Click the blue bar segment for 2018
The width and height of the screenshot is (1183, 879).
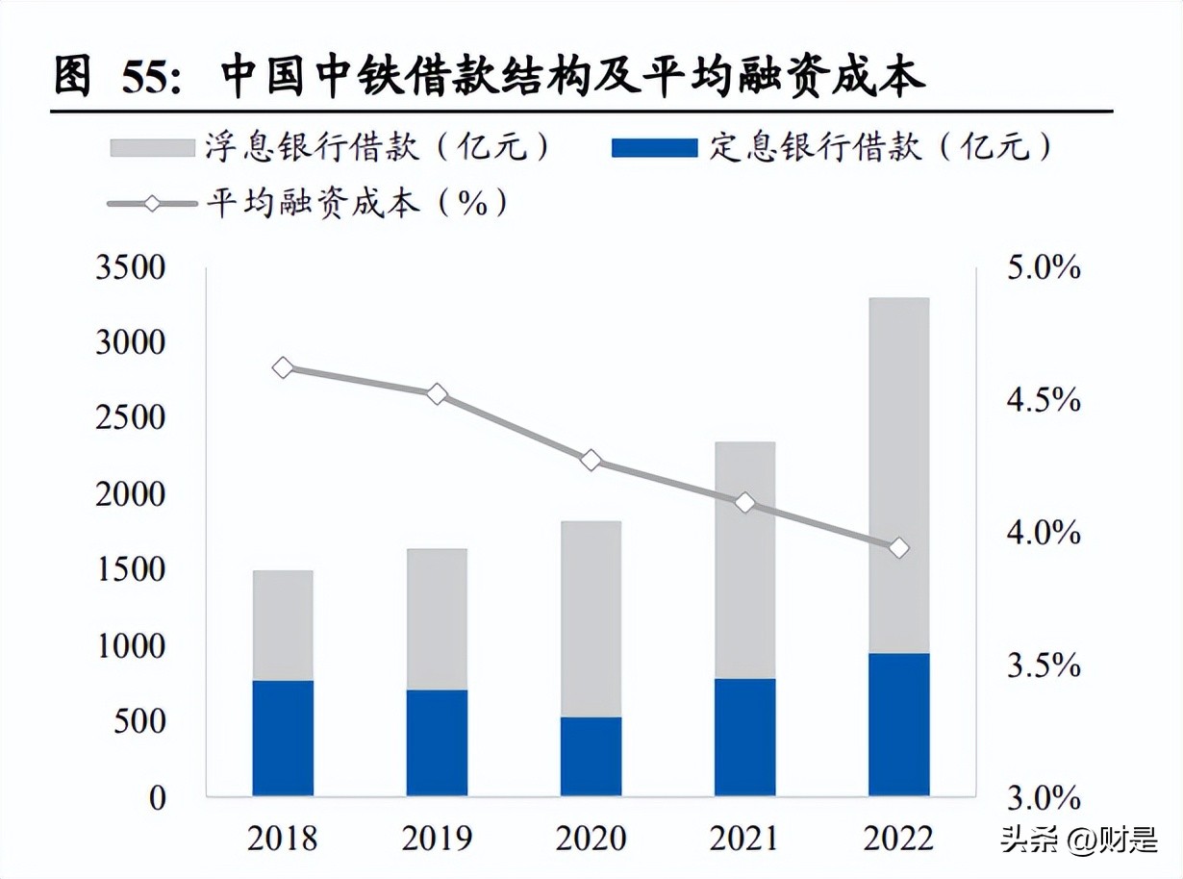click(x=283, y=738)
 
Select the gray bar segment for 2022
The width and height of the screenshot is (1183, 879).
click(x=898, y=475)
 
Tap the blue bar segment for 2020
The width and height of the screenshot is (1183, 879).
click(x=591, y=756)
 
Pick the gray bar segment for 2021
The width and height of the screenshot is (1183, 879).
click(x=744, y=560)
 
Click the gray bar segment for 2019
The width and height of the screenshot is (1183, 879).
click(x=437, y=618)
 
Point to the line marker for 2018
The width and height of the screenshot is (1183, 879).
click(x=283, y=367)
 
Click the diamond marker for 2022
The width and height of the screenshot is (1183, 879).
click(x=898, y=548)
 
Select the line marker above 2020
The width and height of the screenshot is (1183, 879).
click(x=591, y=461)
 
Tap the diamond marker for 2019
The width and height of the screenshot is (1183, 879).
click(x=437, y=394)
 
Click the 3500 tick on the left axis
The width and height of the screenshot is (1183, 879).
click(x=131, y=267)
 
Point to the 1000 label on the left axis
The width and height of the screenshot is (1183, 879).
click(x=131, y=646)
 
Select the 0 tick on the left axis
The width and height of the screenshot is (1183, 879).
click(x=157, y=797)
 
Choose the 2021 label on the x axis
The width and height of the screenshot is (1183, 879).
click(x=744, y=839)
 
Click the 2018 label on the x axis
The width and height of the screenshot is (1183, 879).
click(x=283, y=839)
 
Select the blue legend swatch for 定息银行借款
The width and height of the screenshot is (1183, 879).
click(x=653, y=147)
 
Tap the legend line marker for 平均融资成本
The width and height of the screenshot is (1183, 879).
click(x=153, y=203)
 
